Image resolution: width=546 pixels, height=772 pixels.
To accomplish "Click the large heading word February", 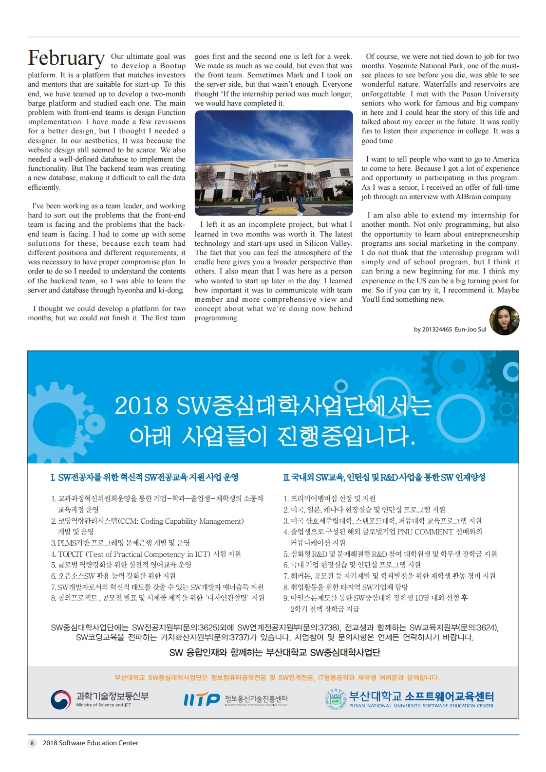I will point(66,58).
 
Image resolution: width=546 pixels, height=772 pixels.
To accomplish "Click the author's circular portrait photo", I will point(504,320).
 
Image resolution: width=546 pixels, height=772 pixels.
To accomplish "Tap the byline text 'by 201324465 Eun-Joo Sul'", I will point(450,330).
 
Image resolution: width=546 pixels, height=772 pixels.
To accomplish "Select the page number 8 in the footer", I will point(32,743).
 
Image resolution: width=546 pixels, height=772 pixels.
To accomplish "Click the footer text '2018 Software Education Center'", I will point(90,743).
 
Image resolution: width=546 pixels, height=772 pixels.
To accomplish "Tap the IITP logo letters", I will point(202,700).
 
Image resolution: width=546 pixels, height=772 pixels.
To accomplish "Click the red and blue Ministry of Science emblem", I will point(61,700).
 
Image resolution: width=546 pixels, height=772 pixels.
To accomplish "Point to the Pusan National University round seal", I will point(335,699).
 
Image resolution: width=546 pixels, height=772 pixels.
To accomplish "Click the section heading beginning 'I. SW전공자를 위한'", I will point(145,478).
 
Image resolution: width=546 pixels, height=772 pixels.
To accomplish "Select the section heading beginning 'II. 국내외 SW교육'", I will point(384,478).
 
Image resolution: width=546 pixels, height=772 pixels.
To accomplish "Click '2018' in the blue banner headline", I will point(141,406).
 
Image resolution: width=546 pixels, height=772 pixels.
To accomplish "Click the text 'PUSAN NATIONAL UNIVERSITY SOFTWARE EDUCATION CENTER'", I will point(421,706).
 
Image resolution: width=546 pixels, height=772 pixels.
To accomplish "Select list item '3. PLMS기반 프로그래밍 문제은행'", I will point(120,543).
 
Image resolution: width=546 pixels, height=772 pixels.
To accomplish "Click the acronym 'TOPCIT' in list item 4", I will point(71,554).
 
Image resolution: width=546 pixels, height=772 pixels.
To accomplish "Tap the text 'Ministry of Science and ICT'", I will point(103,705).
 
